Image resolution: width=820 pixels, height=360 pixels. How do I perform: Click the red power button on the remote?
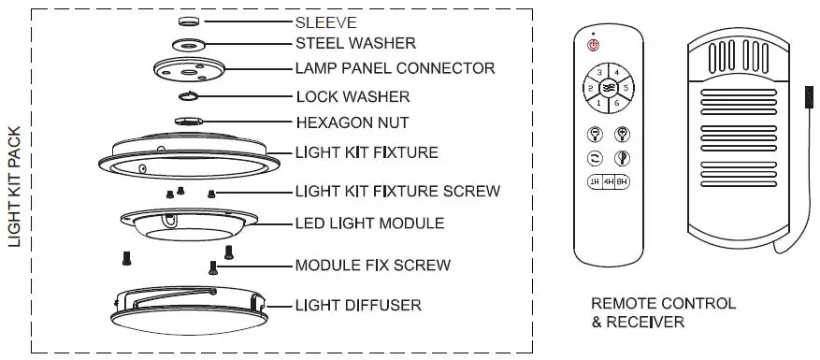tap(593, 46)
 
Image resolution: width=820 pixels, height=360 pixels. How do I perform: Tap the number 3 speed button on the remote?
tap(599, 72)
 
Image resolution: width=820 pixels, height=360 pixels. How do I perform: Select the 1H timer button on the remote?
tap(595, 182)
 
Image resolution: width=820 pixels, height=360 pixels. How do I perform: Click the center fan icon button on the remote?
tap(608, 88)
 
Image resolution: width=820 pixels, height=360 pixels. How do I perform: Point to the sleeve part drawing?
tap(188, 22)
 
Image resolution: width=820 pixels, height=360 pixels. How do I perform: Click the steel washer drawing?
tap(188, 45)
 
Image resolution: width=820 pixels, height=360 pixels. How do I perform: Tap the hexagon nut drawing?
tap(189, 121)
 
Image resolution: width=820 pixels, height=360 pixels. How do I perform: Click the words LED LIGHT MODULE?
tap(369, 223)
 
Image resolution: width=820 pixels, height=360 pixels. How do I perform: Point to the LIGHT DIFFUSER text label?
tap(358, 305)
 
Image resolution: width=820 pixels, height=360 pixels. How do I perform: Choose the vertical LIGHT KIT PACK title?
tap(15, 187)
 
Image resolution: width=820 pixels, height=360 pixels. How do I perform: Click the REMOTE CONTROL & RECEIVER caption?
tap(663, 312)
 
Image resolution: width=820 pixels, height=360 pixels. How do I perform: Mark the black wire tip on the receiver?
tap(809, 97)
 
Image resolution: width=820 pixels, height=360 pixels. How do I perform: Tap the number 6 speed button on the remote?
tap(616, 103)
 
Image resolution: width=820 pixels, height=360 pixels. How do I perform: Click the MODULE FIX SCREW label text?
tap(373, 266)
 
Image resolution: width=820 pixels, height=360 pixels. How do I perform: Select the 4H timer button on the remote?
tap(608, 182)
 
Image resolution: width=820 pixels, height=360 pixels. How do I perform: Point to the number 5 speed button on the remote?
tap(626, 88)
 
